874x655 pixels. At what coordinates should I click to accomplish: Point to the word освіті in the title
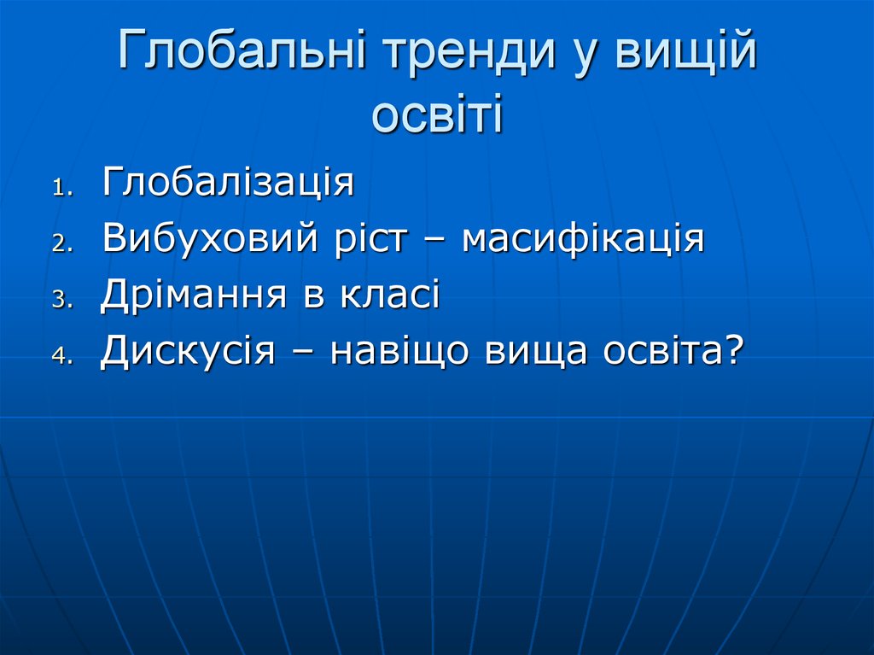437,117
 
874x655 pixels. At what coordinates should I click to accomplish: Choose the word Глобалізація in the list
228,184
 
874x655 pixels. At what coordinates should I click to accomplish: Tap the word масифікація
583,239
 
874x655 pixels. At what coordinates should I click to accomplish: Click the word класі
391,295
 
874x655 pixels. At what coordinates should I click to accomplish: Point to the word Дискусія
187,352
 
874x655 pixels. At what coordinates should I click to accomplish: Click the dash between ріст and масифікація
435,242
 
